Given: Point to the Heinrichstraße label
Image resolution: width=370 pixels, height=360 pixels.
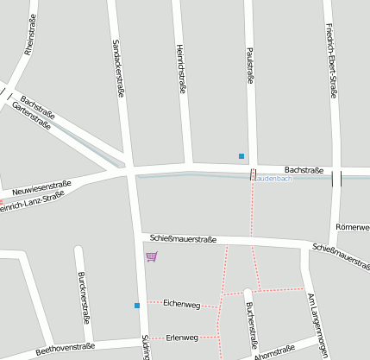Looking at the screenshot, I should pos(181,67).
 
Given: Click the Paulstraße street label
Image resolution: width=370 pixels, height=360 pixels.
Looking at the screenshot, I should pos(250,66).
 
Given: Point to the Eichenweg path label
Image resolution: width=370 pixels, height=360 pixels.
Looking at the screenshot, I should pos(181,305).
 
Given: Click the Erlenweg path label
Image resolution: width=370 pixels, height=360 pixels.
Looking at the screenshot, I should pos(182,337).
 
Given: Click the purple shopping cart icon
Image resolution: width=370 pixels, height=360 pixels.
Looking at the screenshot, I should pos(152,256).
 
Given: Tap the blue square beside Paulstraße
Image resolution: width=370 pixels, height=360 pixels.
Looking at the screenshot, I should pos(241,156).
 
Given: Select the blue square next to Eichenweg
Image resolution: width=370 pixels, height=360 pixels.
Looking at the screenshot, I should pos(136,305).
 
